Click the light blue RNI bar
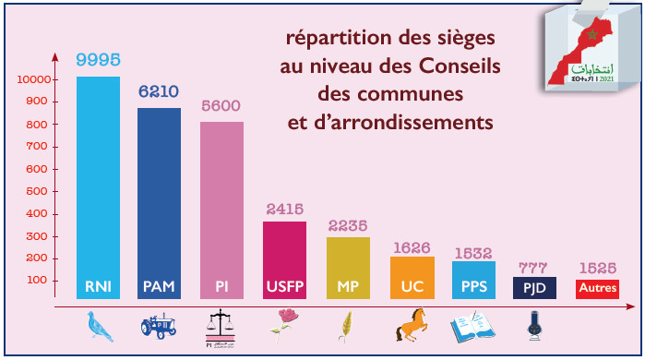click(x=98, y=185)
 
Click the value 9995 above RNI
click(x=98, y=60)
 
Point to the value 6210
click(x=159, y=92)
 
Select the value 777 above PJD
click(x=534, y=268)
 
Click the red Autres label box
click(x=597, y=289)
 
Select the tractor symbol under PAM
click(x=159, y=326)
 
